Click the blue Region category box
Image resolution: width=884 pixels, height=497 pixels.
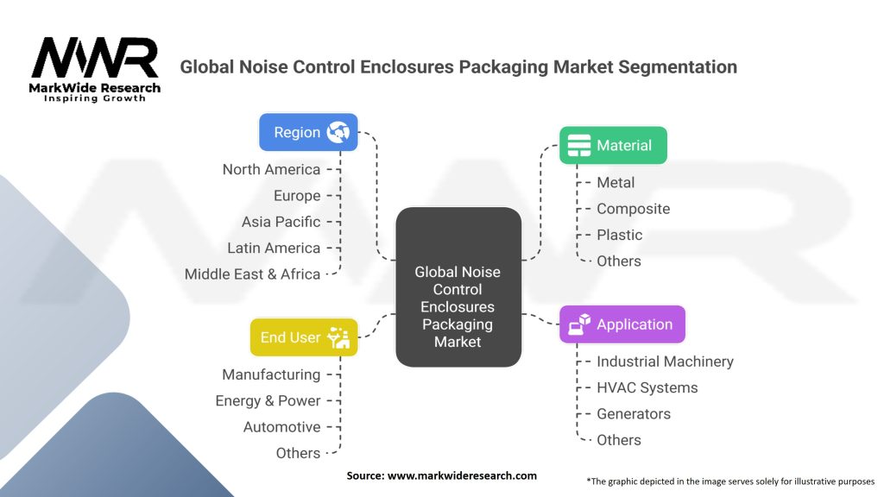tap(308, 132)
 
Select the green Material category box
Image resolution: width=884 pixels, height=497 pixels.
tap(613, 145)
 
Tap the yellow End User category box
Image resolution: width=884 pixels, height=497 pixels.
tap(303, 337)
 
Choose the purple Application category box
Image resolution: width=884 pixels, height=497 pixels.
tap(622, 324)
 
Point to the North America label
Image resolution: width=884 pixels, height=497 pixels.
tap(271, 169)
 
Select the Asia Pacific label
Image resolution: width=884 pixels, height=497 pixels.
tap(281, 222)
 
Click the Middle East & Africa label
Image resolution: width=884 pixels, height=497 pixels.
tap(252, 274)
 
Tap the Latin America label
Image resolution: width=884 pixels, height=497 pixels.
tap(274, 248)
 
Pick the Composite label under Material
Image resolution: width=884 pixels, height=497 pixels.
tap(633, 209)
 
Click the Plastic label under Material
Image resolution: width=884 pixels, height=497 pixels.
tap(619, 235)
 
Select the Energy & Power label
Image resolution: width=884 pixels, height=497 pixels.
tap(268, 400)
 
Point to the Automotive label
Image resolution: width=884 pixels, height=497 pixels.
tap(281, 427)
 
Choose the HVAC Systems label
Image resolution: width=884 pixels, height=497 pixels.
tap(647, 387)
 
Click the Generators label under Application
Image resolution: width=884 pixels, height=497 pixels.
tap(633, 413)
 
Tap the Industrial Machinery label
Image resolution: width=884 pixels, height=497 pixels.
tap(665, 362)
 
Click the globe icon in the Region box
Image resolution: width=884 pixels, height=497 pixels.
tap(338, 132)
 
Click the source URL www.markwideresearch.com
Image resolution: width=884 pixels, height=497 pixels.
tap(463, 475)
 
